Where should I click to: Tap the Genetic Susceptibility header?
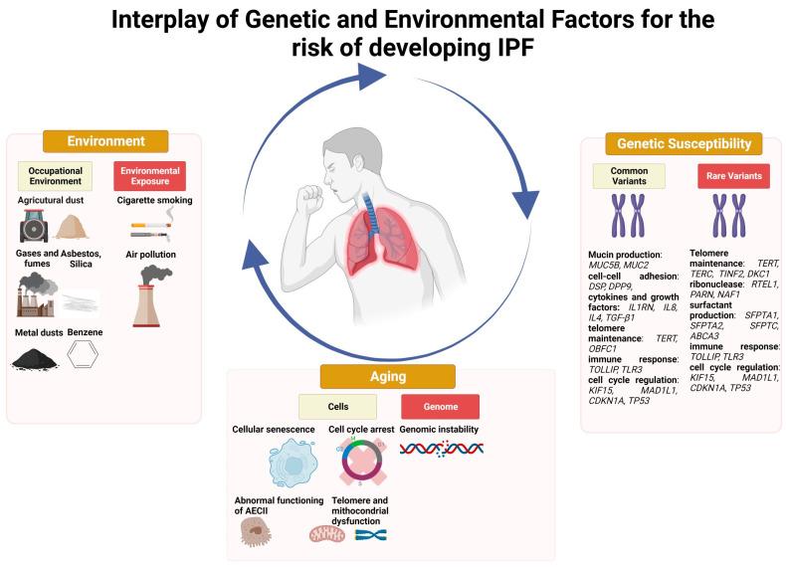[684, 143]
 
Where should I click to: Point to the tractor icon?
[35, 227]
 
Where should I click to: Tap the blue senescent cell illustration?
[293, 461]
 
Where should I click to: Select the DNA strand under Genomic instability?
[442, 448]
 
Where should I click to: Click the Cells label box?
[338, 406]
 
